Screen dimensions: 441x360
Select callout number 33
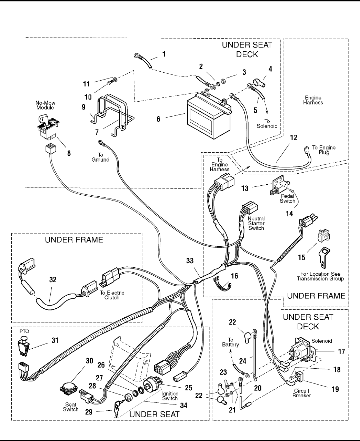190,261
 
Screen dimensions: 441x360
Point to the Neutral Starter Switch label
256,223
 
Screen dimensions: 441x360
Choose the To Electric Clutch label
112,295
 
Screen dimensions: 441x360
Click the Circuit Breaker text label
301,393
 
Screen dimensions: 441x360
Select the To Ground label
100,157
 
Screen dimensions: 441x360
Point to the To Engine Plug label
324,150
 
